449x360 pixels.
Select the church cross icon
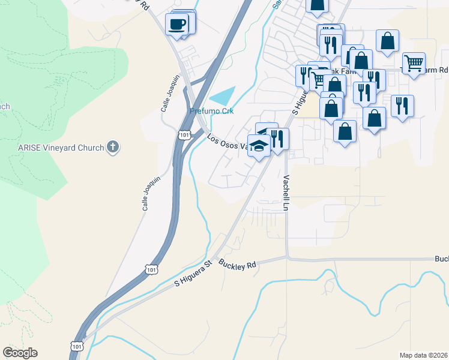tap(112, 146)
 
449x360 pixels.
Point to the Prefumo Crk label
tap(211, 111)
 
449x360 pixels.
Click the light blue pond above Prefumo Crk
tap(223, 95)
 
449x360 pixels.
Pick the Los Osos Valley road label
tap(228, 142)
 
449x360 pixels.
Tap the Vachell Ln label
tap(286, 193)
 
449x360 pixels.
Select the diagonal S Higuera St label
tap(193, 272)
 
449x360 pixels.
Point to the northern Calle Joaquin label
tap(170, 93)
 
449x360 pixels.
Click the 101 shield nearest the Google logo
tap(77, 346)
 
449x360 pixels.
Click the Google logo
tap(20, 353)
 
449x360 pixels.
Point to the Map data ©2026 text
tap(423, 355)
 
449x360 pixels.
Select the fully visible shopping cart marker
tap(414, 64)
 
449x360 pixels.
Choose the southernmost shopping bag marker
tap(345, 132)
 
